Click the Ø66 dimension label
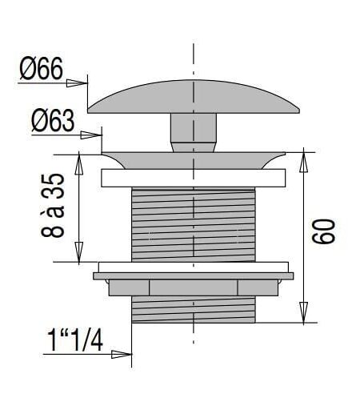click(x=42, y=68)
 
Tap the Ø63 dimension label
click(x=53, y=121)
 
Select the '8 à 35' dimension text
click(x=53, y=205)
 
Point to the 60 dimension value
click(x=323, y=231)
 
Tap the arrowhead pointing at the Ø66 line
click(x=77, y=83)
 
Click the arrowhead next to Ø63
click(x=91, y=135)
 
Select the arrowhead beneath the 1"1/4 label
click(x=122, y=354)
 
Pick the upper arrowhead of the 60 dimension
click(x=303, y=162)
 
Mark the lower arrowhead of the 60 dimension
click(x=303, y=312)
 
